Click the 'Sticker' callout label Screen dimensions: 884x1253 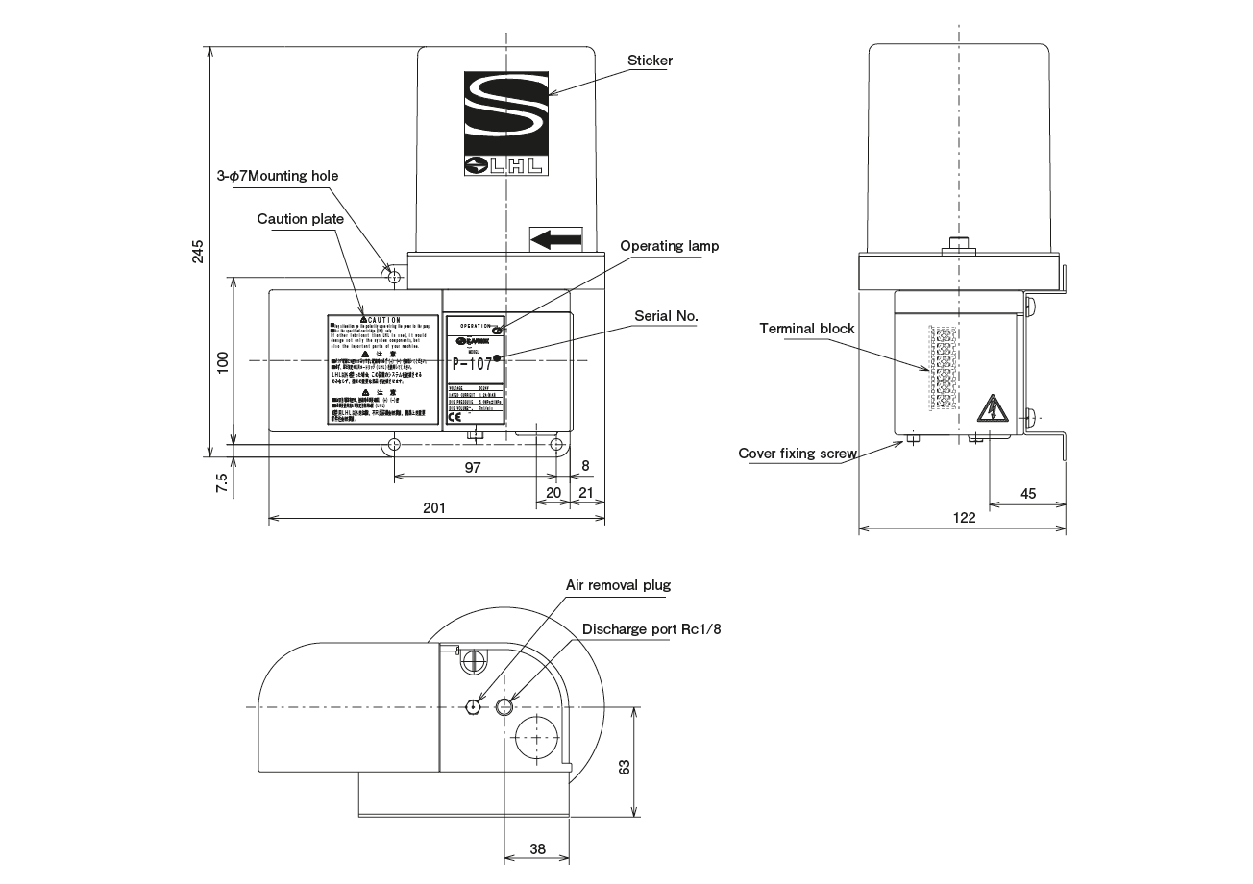[650, 61]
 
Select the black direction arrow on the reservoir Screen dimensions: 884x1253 [556, 239]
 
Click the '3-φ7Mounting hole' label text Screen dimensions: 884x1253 [277, 176]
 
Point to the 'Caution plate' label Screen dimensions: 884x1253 [300, 219]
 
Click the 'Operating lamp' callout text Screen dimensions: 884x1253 [669, 246]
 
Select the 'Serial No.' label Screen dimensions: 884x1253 [666, 315]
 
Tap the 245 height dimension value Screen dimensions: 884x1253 [198, 251]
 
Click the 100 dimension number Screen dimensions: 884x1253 [223, 361]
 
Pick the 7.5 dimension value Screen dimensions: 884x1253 [223, 482]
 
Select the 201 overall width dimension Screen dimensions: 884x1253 [434, 508]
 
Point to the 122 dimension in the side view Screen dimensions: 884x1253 [964, 518]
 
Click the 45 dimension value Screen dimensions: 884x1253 [1027, 493]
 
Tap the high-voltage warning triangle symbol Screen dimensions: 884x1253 [989, 410]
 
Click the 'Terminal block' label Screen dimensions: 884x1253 [807, 329]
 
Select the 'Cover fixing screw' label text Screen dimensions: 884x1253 [798, 454]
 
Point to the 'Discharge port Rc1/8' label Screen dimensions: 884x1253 [651, 629]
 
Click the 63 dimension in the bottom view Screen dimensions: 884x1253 [624, 768]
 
